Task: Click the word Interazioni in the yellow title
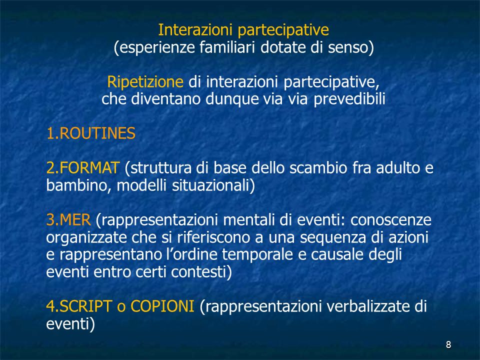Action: [195, 30]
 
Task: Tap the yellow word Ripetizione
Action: [145, 82]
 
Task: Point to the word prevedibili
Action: [349, 99]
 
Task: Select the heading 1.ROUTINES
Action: [91, 133]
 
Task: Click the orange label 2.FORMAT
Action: [82, 168]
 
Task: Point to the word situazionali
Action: [211, 185]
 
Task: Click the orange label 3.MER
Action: [68, 220]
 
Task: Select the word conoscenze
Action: [391, 220]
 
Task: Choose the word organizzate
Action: [86, 237]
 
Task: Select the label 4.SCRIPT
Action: [79, 306]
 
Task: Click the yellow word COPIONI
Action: [162, 306]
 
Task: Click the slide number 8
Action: [448, 344]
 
